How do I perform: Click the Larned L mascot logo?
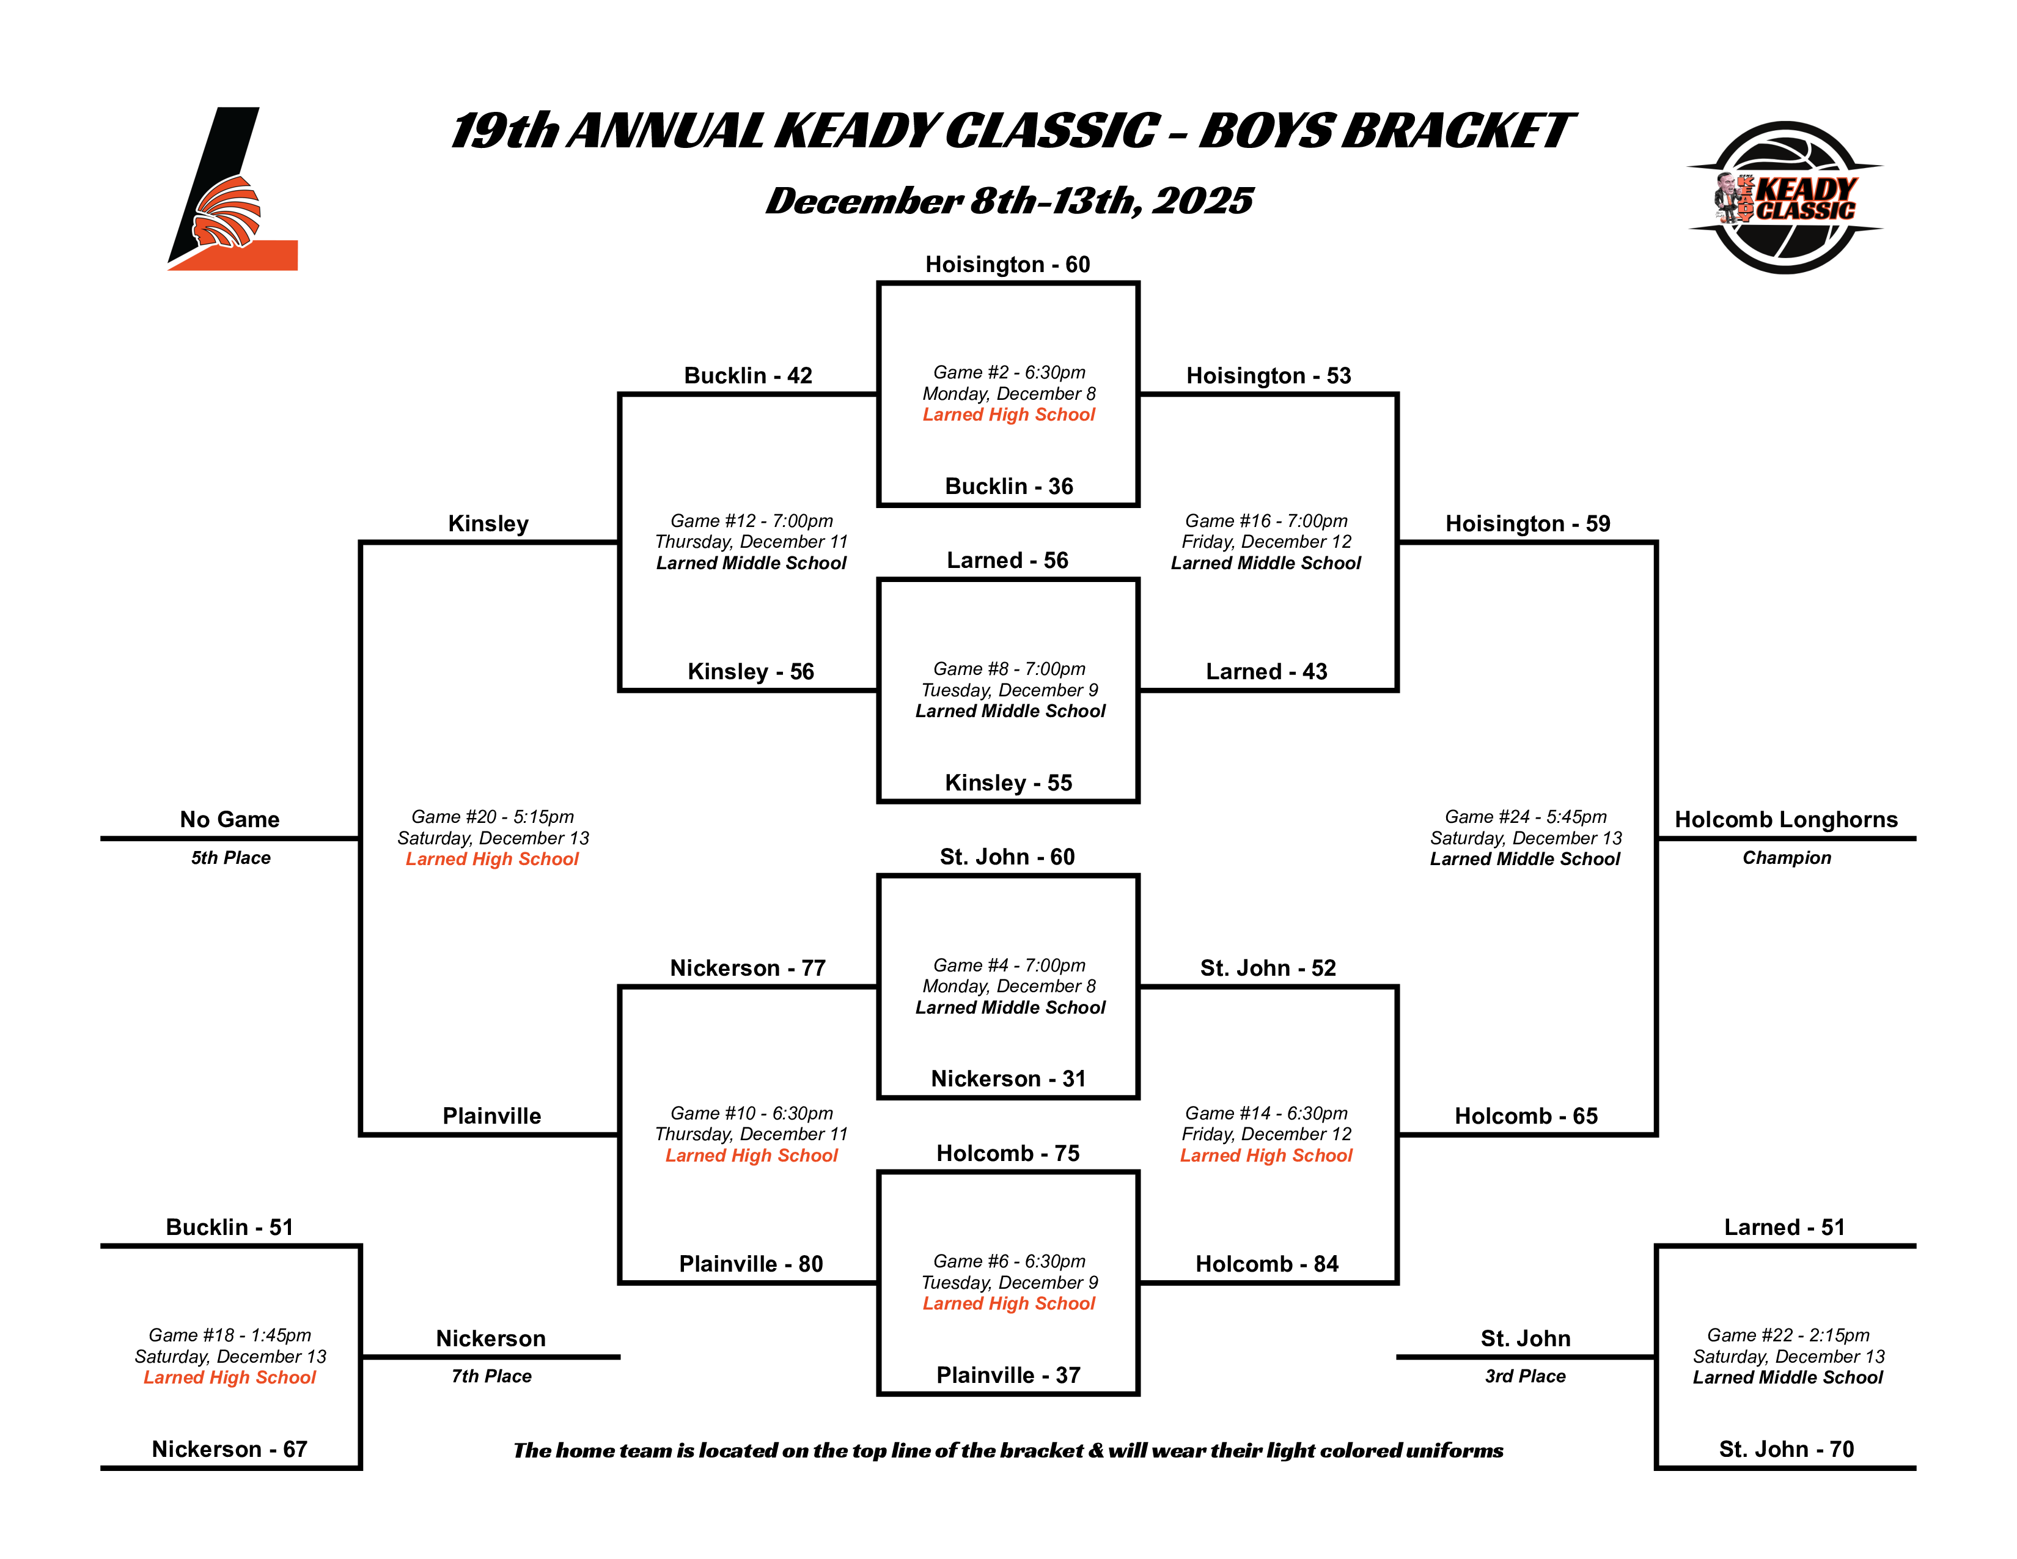[232, 190]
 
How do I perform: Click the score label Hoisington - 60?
[1007, 265]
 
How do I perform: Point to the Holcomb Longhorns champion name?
[1785, 820]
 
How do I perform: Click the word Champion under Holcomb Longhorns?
[1786, 858]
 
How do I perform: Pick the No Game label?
[229, 820]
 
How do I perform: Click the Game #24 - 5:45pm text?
[1525, 816]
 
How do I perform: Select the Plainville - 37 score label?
[1007, 1375]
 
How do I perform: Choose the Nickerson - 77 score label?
[747, 968]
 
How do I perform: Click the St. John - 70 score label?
[1785, 1449]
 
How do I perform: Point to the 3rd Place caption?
[1525, 1376]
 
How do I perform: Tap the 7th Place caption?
[491, 1376]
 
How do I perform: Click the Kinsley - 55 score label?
[1007, 783]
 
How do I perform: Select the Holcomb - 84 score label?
[1266, 1264]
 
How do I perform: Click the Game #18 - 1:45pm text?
[230, 1335]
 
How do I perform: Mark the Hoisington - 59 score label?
[1527, 524]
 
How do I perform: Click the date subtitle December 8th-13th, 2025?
[1008, 201]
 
